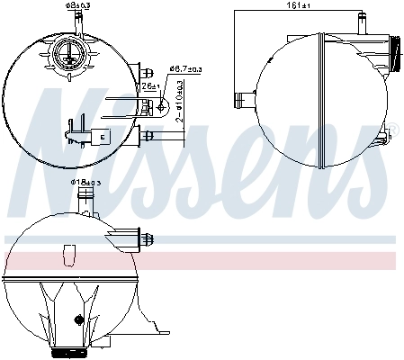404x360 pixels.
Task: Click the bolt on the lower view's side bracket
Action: point(144,239)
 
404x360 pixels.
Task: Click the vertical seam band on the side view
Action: point(321,99)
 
